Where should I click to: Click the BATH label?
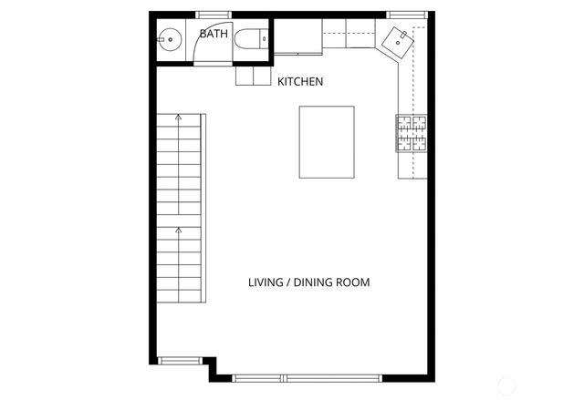pyautogui.click(x=214, y=34)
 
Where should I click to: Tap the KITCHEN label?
pyautogui.click(x=300, y=82)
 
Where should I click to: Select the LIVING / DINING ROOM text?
pyautogui.click(x=308, y=282)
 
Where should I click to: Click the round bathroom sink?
pyautogui.click(x=169, y=38)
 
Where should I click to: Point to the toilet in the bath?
pyautogui.click(x=250, y=38)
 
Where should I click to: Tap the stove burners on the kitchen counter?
pyautogui.click(x=412, y=132)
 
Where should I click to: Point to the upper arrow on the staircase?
pyautogui.click(x=178, y=118)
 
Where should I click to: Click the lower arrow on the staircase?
pyautogui.click(x=178, y=233)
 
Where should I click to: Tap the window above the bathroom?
pyautogui.click(x=214, y=14)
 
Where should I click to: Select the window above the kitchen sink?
pyautogui.click(x=400, y=14)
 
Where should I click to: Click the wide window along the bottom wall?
pyautogui.click(x=306, y=376)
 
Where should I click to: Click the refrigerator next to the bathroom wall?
pyautogui.click(x=297, y=39)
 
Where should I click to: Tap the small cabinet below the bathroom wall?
pyautogui.click(x=253, y=77)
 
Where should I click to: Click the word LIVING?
pyautogui.click(x=266, y=282)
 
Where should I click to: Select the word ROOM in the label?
pyautogui.click(x=355, y=282)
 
